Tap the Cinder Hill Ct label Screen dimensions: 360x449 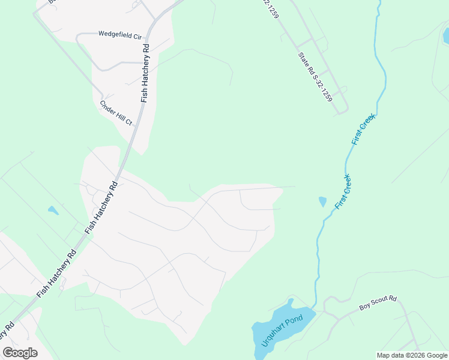[x=116, y=113]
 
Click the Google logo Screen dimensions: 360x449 [x=20, y=353]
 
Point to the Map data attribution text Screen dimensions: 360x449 [x=412, y=355]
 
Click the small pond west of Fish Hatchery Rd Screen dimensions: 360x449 [x=53, y=211]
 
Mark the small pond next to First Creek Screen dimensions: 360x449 [x=322, y=202]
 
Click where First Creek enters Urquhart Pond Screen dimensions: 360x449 [x=313, y=308]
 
